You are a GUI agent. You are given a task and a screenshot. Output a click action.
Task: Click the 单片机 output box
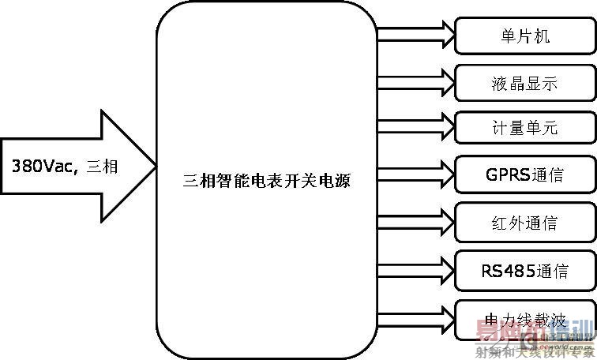point(524,36)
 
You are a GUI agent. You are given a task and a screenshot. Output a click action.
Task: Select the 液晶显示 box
point(524,82)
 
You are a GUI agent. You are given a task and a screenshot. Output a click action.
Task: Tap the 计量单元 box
point(524,127)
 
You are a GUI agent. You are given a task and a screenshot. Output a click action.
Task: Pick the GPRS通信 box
point(524,173)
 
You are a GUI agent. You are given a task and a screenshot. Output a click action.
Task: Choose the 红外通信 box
point(524,219)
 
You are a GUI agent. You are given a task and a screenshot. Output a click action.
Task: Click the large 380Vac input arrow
point(79,166)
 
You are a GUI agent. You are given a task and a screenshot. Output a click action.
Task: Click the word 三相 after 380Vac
point(99,167)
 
